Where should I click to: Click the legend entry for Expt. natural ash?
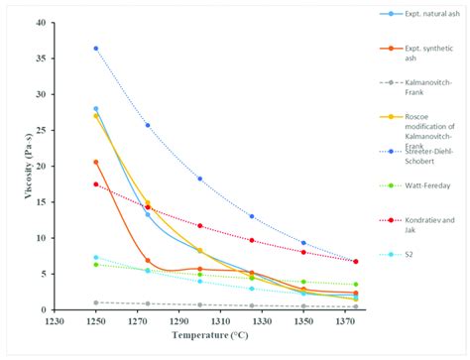click(x=421, y=17)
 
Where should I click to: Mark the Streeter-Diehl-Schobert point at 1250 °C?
click(x=96, y=49)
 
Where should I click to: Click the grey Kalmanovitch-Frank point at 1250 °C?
click(x=96, y=302)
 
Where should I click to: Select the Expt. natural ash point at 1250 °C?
click(x=96, y=109)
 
